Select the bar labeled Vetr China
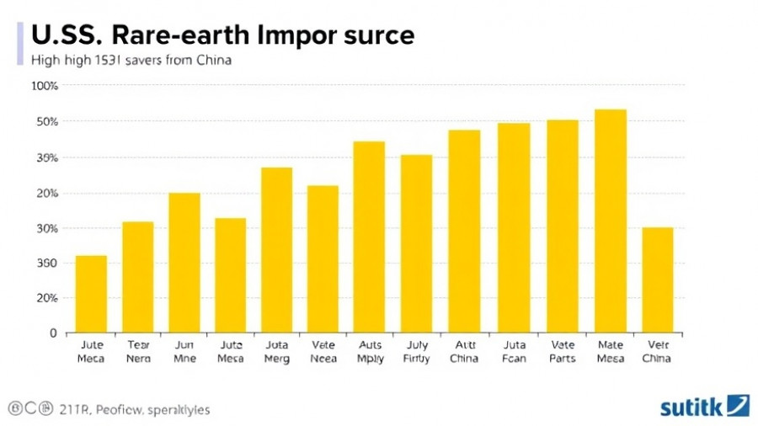pyautogui.click(x=657, y=280)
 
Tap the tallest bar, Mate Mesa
pyautogui.click(x=611, y=221)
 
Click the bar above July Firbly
pyautogui.click(x=416, y=243)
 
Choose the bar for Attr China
pyautogui.click(x=464, y=231)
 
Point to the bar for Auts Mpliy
pyautogui.click(x=369, y=237)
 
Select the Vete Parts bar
pyautogui.click(x=563, y=226)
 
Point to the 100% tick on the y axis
pyautogui.click(x=44, y=86)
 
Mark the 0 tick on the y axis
pyautogui.click(x=52, y=333)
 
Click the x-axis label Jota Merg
pyautogui.click(x=276, y=351)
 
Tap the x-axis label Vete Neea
pyautogui.click(x=323, y=351)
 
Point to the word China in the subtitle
pyautogui.click(x=213, y=60)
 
